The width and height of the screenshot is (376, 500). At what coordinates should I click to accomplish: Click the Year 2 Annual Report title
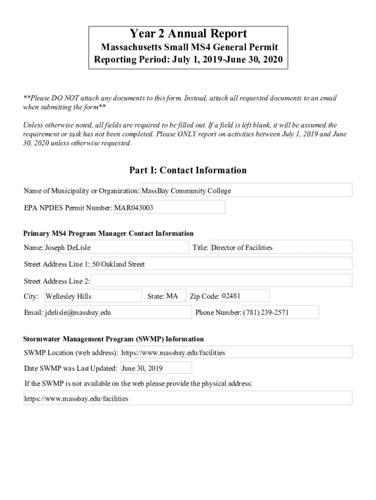pyautogui.click(x=188, y=34)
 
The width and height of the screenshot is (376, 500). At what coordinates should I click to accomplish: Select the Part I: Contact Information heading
pyautogui.click(x=188, y=170)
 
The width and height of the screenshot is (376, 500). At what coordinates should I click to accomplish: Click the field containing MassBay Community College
pyautogui.click(x=246, y=190)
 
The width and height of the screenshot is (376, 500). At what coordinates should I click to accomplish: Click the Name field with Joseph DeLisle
pyautogui.click(x=116, y=248)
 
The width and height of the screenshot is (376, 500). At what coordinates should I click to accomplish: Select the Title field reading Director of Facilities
pyautogui.click(x=281, y=248)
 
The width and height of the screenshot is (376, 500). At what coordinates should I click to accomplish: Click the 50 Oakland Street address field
pyautogui.click(x=222, y=264)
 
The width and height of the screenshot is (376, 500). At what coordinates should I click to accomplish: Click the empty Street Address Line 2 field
pyautogui.click(x=222, y=281)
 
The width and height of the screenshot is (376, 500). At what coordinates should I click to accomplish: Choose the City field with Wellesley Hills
pyautogui.click(x=93, y=296)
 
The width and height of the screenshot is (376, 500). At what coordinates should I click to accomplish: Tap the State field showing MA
pyautogui.click(x=176, y=296)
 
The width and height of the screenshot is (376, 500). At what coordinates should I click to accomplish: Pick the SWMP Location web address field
pyautogui.click(x=236, y=352)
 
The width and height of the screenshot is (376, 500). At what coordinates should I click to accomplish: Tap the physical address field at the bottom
pyautogui.click(x=188, y=398)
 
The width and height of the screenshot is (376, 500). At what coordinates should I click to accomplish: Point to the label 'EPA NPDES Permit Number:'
pyautogui.click(x=68, y=208)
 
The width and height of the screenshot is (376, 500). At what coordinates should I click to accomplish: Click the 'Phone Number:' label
pyautogui.click(x=218, y=312)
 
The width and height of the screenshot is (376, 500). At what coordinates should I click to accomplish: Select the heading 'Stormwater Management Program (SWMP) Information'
pyautogui.click(x=114, y=339)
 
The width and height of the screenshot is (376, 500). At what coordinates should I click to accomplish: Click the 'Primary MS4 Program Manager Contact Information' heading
pyautogui.click(x=108, y=233)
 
